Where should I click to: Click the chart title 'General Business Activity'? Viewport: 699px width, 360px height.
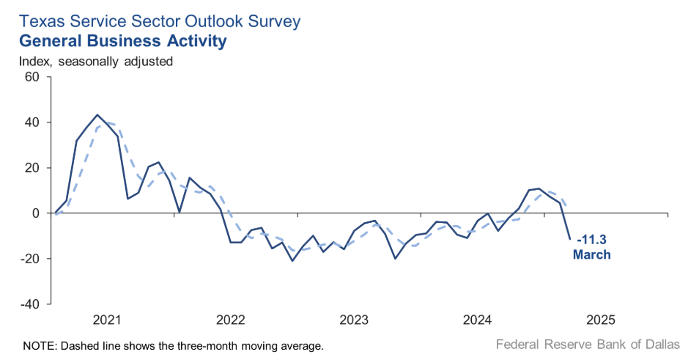tap(122, 41)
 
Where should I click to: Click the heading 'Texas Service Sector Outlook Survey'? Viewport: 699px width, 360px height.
tap(160, 21)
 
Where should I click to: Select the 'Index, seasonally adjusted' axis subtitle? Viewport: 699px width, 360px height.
tap(96, 62)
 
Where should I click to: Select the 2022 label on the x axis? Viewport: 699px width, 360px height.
tap(231, 320)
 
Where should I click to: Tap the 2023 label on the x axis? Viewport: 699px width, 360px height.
tap(355, 320)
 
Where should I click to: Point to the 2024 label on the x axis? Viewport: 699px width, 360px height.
tap(478, 320)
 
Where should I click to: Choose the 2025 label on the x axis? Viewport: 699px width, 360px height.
tap(602, 320)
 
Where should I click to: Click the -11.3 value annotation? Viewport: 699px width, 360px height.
tap(592, 240)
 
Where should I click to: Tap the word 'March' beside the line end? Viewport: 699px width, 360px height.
tap(592, 254)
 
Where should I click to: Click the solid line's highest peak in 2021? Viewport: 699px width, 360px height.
tap(97, 115)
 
